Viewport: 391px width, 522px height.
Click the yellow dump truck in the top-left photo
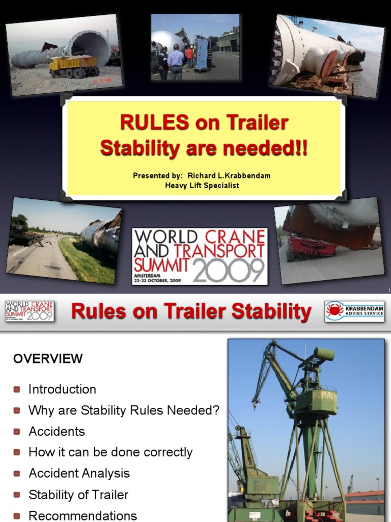point(73,67)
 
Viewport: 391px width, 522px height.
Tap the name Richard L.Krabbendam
point(229,175)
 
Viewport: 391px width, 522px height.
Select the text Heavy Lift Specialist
point(202,185)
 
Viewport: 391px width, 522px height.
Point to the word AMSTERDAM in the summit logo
point(151,274)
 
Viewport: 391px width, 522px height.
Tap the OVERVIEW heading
point(48,358)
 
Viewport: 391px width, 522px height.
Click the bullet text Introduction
point(62,389)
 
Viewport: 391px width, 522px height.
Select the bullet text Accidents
point(57,431)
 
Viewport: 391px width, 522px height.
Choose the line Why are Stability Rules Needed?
point(124,410)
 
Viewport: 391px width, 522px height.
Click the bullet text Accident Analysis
point(79,473)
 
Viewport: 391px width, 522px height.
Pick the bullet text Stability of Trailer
point(78,494)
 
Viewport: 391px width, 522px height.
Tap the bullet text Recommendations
point(82,515)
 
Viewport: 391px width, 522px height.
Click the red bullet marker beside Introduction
point(17,389)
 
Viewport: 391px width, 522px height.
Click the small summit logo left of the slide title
point(30,311)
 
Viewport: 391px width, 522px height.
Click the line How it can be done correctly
point(110,452)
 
